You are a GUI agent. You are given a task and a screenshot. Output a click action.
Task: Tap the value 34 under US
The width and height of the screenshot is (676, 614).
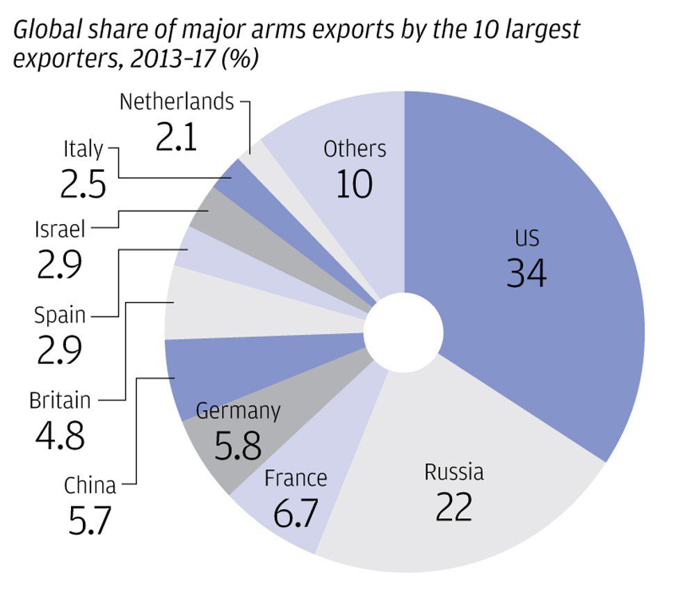(526, 273)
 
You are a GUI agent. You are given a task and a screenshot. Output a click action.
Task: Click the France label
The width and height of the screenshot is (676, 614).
(296, 478)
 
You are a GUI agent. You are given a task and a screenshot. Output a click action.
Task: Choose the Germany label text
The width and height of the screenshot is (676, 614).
(238, 411)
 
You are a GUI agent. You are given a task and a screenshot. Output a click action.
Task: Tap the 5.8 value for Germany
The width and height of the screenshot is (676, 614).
(238, 447)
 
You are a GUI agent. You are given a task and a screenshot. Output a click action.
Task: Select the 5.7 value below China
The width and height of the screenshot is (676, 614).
(90, 521)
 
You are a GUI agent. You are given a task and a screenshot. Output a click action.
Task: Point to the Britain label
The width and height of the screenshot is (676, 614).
(60, 401)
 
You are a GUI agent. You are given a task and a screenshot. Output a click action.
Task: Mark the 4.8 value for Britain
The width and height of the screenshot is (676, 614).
(60, 436)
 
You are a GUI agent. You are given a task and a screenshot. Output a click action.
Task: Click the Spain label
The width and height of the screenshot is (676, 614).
(60, 316)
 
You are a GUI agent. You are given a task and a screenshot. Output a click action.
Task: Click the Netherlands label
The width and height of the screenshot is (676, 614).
(177, 102)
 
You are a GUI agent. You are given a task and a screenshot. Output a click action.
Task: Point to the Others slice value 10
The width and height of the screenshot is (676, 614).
(355, 184)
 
